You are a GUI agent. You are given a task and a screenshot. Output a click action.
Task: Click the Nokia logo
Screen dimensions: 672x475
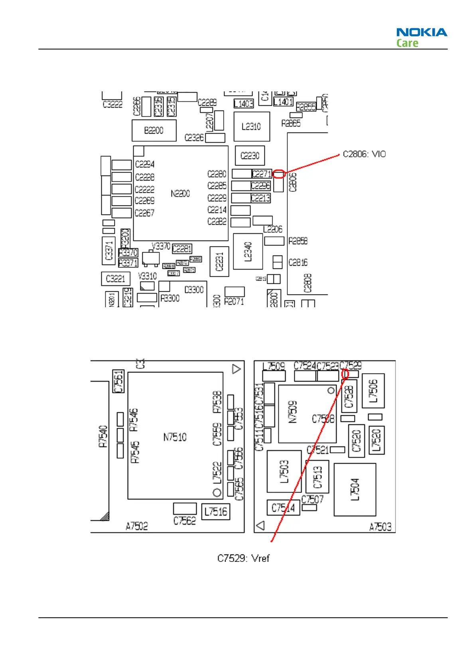(422, 32)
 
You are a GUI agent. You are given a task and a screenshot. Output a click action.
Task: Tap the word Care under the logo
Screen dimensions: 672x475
(407, 43)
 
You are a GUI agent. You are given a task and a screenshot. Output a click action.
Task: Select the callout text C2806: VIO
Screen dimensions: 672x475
(364, 154)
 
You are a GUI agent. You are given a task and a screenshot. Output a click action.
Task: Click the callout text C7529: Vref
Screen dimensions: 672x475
(243, 558)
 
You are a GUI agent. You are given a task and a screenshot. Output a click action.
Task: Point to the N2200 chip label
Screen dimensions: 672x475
(180, 194)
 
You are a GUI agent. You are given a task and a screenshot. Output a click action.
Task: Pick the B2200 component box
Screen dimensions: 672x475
(154, 130)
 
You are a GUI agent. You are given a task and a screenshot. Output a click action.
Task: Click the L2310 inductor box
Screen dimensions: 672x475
(251, 126)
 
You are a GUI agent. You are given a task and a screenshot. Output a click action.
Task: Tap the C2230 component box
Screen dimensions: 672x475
(250, 155)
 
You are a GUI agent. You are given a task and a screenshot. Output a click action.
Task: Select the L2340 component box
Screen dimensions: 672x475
(248, 251)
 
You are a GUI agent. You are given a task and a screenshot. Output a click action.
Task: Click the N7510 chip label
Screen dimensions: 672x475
(175, 437)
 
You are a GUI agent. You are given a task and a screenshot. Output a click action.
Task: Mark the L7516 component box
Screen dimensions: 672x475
(216, 511)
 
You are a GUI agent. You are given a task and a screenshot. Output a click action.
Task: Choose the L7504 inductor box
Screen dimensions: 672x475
(355, 489)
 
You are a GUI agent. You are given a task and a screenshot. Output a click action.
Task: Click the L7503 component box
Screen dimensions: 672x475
(284, 471)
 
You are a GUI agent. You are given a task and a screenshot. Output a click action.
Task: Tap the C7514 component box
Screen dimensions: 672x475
(283, 508)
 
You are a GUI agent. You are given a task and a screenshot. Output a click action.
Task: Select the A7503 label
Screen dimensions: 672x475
(380, 527)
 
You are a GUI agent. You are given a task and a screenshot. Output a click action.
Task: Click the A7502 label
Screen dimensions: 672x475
(137, 526)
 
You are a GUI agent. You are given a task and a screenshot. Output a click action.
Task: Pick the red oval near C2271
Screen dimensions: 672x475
(279, 174)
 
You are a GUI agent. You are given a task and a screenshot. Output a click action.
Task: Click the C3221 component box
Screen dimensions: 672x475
(116, 279)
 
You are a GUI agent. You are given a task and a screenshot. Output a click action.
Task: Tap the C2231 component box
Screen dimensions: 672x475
(219, 261)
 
